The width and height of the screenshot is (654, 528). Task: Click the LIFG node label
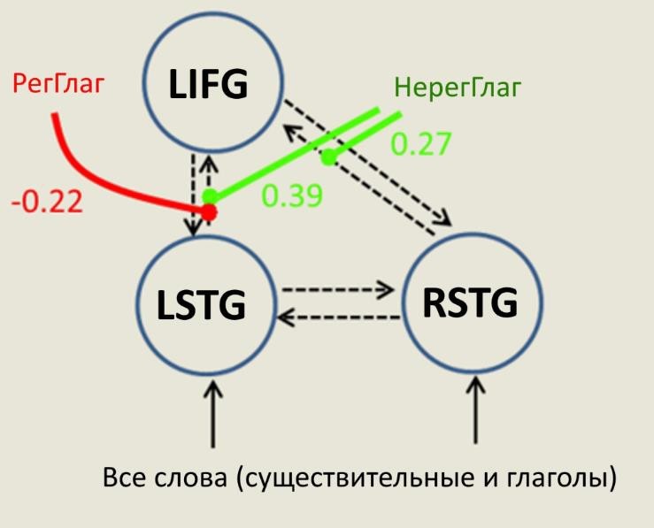tap(208, 84)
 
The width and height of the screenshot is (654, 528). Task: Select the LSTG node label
tap(201, 304)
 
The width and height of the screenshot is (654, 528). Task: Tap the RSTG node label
tap(470, 302)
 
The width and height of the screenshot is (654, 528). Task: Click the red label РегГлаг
tap(58, 83)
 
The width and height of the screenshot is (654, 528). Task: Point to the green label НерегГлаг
tap(458, 88)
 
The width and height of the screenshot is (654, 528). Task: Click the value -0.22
tap(47, 203)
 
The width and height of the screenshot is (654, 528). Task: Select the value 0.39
tap(292, 195)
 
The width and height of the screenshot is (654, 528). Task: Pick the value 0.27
tap(421, 144)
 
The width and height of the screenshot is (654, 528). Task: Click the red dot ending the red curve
tap(210, 212)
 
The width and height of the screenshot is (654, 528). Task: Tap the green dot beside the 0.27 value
tap(329, 157)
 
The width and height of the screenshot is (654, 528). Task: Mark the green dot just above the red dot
tap(210, 195)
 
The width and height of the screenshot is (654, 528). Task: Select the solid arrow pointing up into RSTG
tap(475, 409)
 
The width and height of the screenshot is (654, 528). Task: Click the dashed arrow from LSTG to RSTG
tap(338, 289)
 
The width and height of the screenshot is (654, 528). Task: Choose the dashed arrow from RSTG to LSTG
tap(339, 318)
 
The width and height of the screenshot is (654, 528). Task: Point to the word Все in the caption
tap(124, 478)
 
